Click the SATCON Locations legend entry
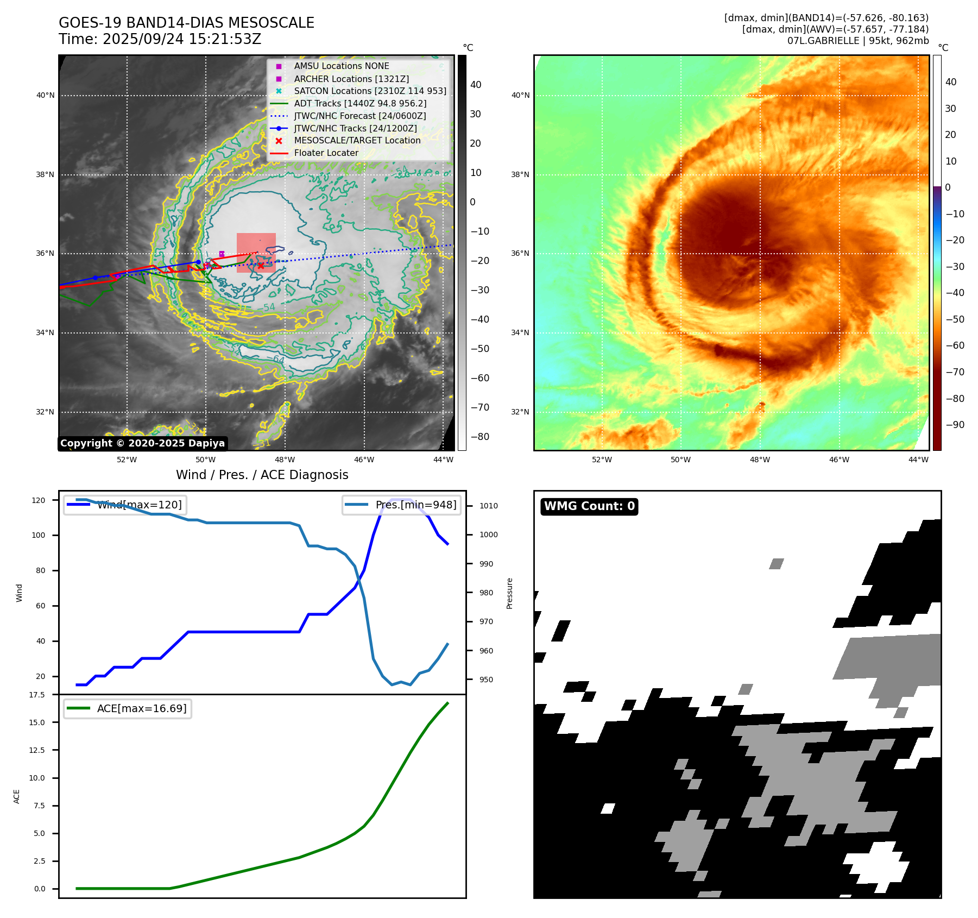[370, 91]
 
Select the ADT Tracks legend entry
[360, 104]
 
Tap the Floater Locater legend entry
[326, 153]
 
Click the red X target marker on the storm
[261, 266]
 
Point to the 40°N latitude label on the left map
[46, 96]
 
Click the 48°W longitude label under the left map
[285, 460]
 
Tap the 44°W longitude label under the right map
[918, 460]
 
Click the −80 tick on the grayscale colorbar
[480, 437]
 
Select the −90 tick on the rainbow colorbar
[955, 425]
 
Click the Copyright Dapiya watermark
[142, 443]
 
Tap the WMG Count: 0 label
[589, 506]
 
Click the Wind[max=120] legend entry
[140, 505]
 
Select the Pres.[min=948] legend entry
[416, 505]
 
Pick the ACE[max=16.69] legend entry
[142, 708]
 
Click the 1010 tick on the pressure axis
[488, 506]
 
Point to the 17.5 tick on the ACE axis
[37, 695]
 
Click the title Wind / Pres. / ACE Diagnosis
[262, 475]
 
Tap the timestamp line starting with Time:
[160, 39]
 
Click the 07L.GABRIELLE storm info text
[858, 41]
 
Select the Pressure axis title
[509, 593]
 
